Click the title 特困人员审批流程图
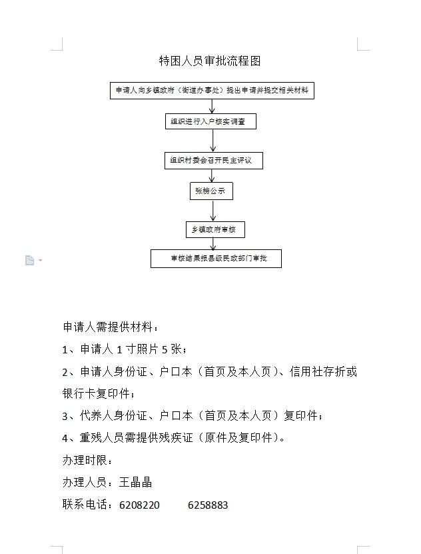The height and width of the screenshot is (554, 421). [210, 61]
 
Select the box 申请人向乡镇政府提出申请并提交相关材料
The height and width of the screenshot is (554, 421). [212, 91]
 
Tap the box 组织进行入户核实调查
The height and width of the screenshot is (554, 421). [210, 122]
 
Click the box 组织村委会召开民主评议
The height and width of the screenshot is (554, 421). [213, 161]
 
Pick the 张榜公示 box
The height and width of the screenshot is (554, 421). [210, 192]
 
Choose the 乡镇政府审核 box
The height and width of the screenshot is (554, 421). [214, 230]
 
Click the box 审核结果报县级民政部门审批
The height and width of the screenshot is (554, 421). [216, 258]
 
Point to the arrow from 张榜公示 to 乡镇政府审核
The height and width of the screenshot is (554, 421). [213, 211]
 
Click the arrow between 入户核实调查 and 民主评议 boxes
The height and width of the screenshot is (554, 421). [213, 141]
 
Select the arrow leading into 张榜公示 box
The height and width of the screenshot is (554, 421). [212, 176]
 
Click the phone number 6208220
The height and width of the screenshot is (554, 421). [139, 505]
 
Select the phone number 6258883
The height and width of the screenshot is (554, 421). [208, 505]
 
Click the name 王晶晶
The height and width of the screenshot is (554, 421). [135, 482]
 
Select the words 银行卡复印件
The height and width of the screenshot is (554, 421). [94, 393]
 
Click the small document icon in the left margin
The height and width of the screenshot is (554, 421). [29, 260]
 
